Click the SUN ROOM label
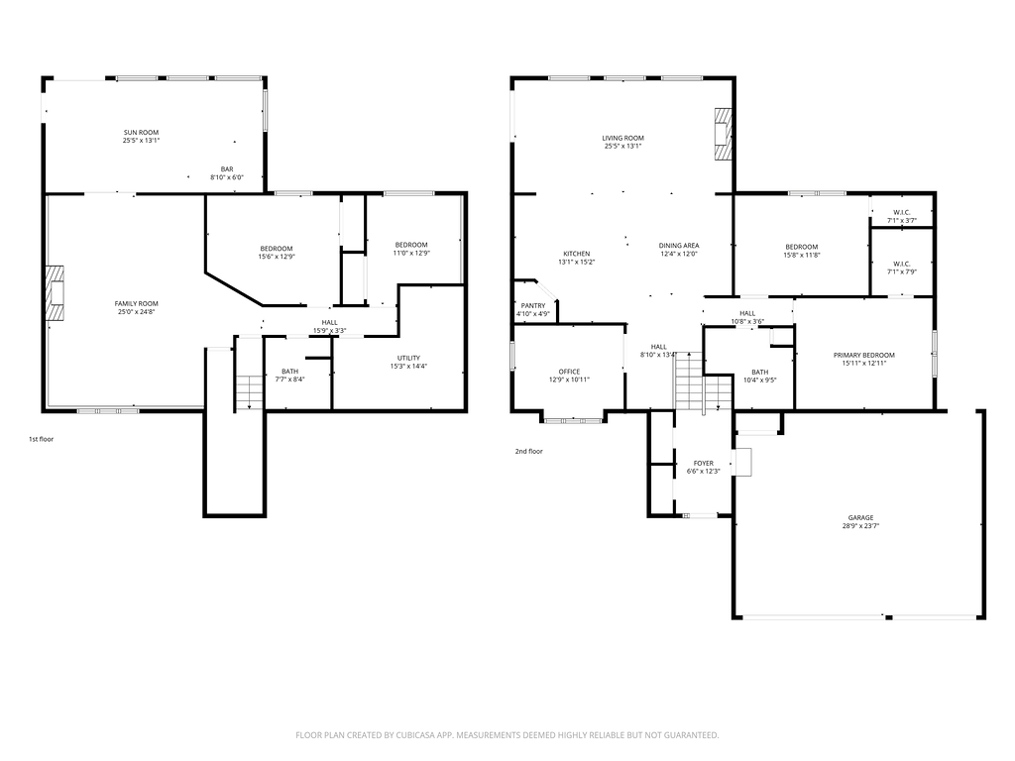click(x=141, y=133)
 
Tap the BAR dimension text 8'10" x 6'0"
click(x=227, y=177)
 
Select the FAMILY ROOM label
click(x=136, y=303)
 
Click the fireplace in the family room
click(x=56, y=292)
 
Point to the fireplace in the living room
click(x=723, y=134)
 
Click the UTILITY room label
click(x=408, y=358)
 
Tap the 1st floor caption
click(x=41, y=439)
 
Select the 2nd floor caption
click(x=529, y=452)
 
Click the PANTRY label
click(x=532, y=306)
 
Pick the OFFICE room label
click(x=569, y=372)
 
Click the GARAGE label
click(x=861, y=517)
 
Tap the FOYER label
click(x=703, y=464)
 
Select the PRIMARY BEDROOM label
click(x=863, y=356)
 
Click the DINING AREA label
click(x=678, y=246)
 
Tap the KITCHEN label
click(x=576, y=254)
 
